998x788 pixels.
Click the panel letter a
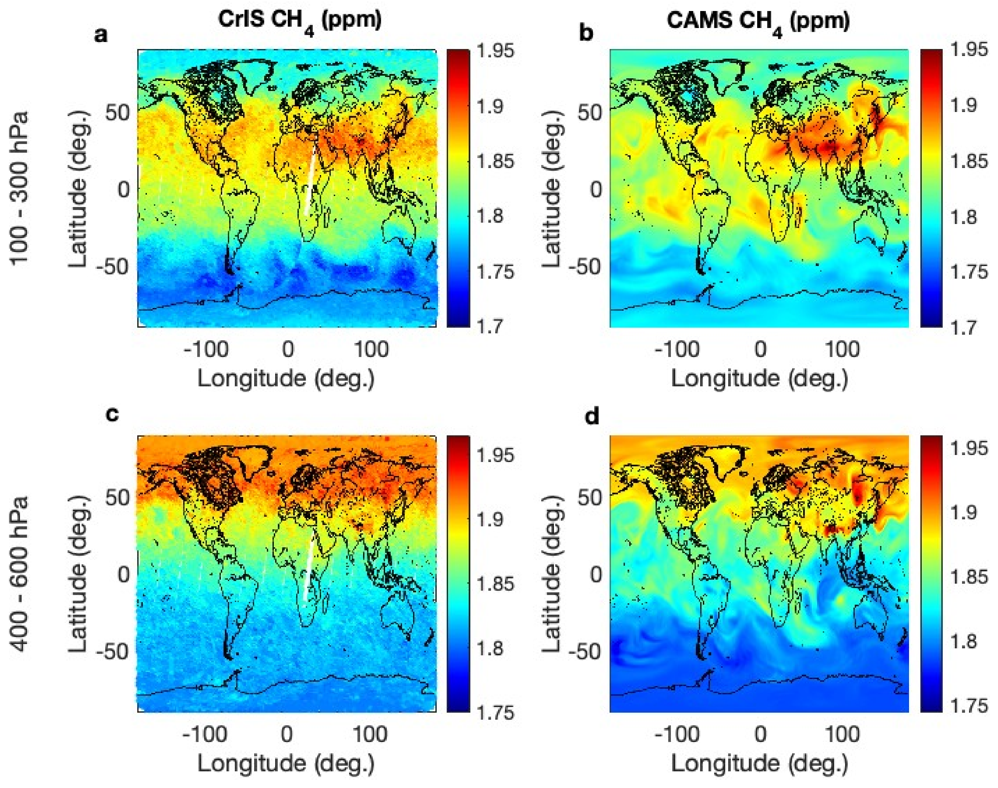pyautogui.click(x=101, y=35)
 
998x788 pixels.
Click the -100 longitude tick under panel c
pyautogui.click(x=206, y=734)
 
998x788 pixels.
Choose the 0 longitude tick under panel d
pyautogui.click(x=760, y=734)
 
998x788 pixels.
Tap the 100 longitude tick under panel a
pyautogui.click(x=371, y=350)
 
